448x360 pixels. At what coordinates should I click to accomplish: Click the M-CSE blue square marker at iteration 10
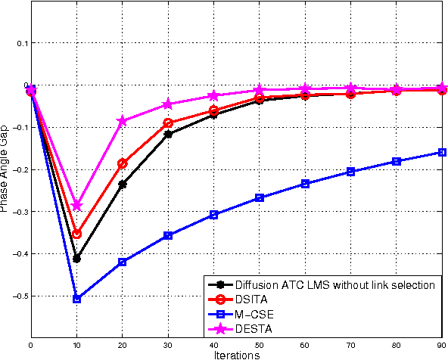point(76,299)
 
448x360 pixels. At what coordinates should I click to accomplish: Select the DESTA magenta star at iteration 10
point(76,206)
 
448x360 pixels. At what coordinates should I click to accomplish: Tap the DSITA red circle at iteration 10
point(76,234)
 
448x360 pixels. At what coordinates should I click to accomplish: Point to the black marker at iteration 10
point(76,259)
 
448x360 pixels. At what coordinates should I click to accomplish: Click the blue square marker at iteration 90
point(443,152)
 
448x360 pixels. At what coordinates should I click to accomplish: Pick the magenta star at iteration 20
point(123,121)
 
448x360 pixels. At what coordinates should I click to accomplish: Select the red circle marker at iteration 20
point(123,163)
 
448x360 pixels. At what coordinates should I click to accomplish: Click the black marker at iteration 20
point(123,184)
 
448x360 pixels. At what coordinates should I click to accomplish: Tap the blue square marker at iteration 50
point(260,198)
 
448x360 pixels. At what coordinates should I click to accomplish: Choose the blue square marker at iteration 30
point(168,236)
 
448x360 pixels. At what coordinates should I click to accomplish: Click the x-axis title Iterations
point(236,354)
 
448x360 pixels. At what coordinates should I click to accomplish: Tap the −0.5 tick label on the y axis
point(19,296)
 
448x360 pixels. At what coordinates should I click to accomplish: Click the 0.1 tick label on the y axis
point(21,43)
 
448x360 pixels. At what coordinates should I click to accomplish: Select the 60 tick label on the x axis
point(305,344)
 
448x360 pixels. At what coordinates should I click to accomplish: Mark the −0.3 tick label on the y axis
point(19,212)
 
